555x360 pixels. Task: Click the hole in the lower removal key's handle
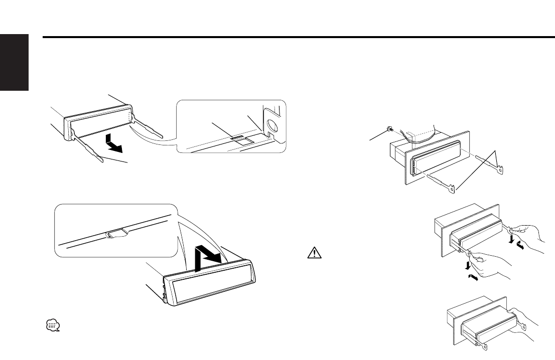click(454, 190)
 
